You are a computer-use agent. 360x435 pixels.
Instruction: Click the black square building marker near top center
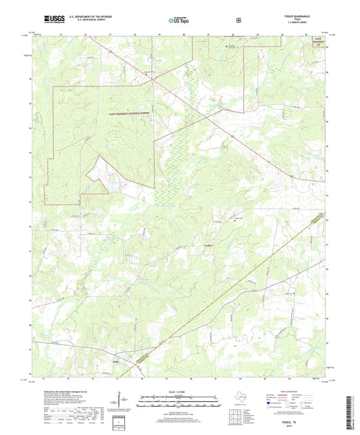[x=226, y=46]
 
